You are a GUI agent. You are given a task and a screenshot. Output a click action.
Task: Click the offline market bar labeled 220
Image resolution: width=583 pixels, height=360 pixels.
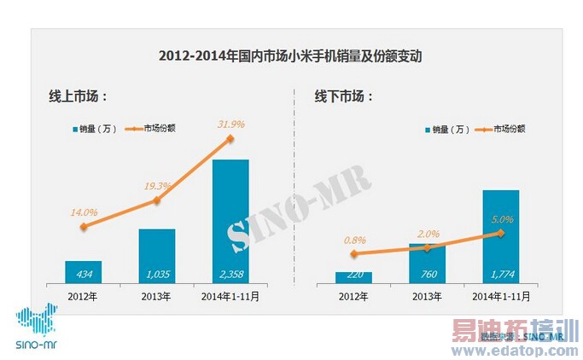click(x=353, y=276)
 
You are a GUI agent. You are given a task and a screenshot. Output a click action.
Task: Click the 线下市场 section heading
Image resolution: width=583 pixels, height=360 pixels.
click(x=345, y=96)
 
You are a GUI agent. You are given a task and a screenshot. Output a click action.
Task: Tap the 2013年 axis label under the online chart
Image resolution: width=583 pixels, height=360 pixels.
click(x=156, y=297)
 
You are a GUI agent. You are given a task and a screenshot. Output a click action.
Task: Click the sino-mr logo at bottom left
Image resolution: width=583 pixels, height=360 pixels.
click(x=34, y=328)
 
